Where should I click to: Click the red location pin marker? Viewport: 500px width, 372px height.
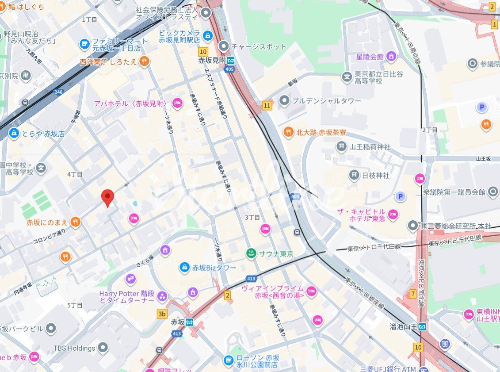(107, 197)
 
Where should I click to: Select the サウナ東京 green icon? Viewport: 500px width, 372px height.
(251, 253)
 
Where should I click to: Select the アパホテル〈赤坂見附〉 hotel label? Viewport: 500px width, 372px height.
(130, 104)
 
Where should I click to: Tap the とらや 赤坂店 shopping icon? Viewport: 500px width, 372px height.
(14, 133)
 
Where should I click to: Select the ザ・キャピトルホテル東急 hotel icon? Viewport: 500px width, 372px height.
(393, 215)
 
